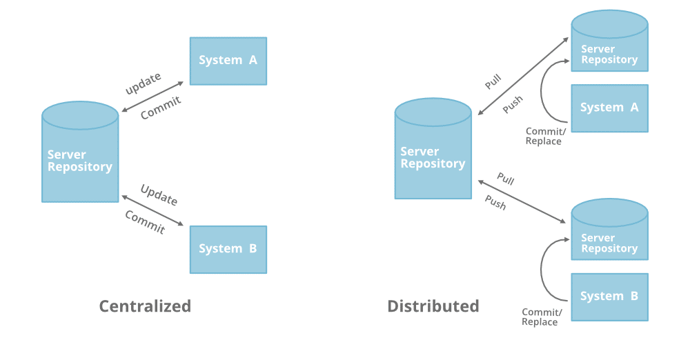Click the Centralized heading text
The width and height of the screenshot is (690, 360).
point(145,306)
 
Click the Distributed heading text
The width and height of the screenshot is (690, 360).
point(433,306)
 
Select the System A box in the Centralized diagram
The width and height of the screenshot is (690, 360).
point(228,61)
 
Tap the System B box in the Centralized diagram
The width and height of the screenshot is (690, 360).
point(228,249)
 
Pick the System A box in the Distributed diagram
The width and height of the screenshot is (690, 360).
point(609,108)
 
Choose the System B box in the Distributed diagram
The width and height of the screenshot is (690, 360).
point(609,297)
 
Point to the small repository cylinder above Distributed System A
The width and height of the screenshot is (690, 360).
point(609,46)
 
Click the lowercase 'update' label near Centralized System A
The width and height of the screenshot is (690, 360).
point(143,83)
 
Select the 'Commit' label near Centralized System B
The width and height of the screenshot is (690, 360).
point(145,222)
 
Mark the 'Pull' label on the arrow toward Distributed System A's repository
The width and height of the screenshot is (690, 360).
point(493,81)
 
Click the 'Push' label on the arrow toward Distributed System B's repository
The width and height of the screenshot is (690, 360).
point(495,203)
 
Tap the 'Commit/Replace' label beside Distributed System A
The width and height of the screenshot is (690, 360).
point(544,136)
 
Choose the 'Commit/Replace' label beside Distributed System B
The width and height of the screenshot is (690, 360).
point(541,317)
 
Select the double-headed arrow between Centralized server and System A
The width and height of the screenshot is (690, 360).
point(152,97)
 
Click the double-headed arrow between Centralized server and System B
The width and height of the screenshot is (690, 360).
point(152,210)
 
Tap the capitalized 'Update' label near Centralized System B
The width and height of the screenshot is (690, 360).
point(159,195)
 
